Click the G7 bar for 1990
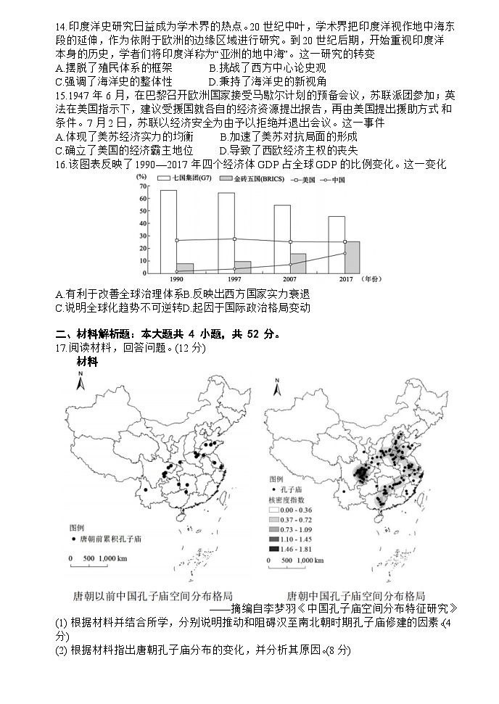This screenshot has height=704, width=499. [x=168, y=231]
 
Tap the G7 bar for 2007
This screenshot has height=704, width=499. [x=282, y=239]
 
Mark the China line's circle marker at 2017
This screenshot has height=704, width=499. [x=345, y=253]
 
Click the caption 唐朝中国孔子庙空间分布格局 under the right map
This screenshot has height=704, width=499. [x=355, y=595]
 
